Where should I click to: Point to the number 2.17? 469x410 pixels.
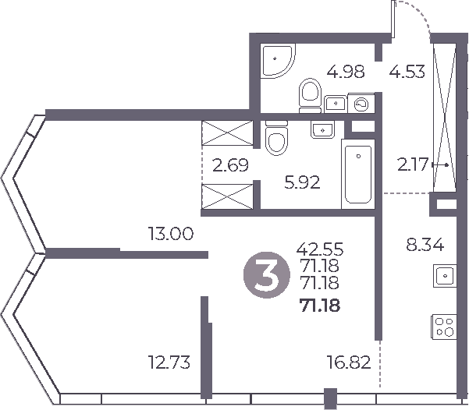point(412,165)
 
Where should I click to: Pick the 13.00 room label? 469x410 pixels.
point(171,232)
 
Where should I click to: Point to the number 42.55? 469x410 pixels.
point(320,249)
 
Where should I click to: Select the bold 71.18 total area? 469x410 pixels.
point(320,305)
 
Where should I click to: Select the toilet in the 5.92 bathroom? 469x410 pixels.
point(275,142)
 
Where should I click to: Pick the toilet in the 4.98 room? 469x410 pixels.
point(310,94)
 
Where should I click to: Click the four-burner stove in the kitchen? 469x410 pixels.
point(445,327)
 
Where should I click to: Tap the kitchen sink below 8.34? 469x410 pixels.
point(445,274)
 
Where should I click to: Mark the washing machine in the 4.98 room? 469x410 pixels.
point(362,102)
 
